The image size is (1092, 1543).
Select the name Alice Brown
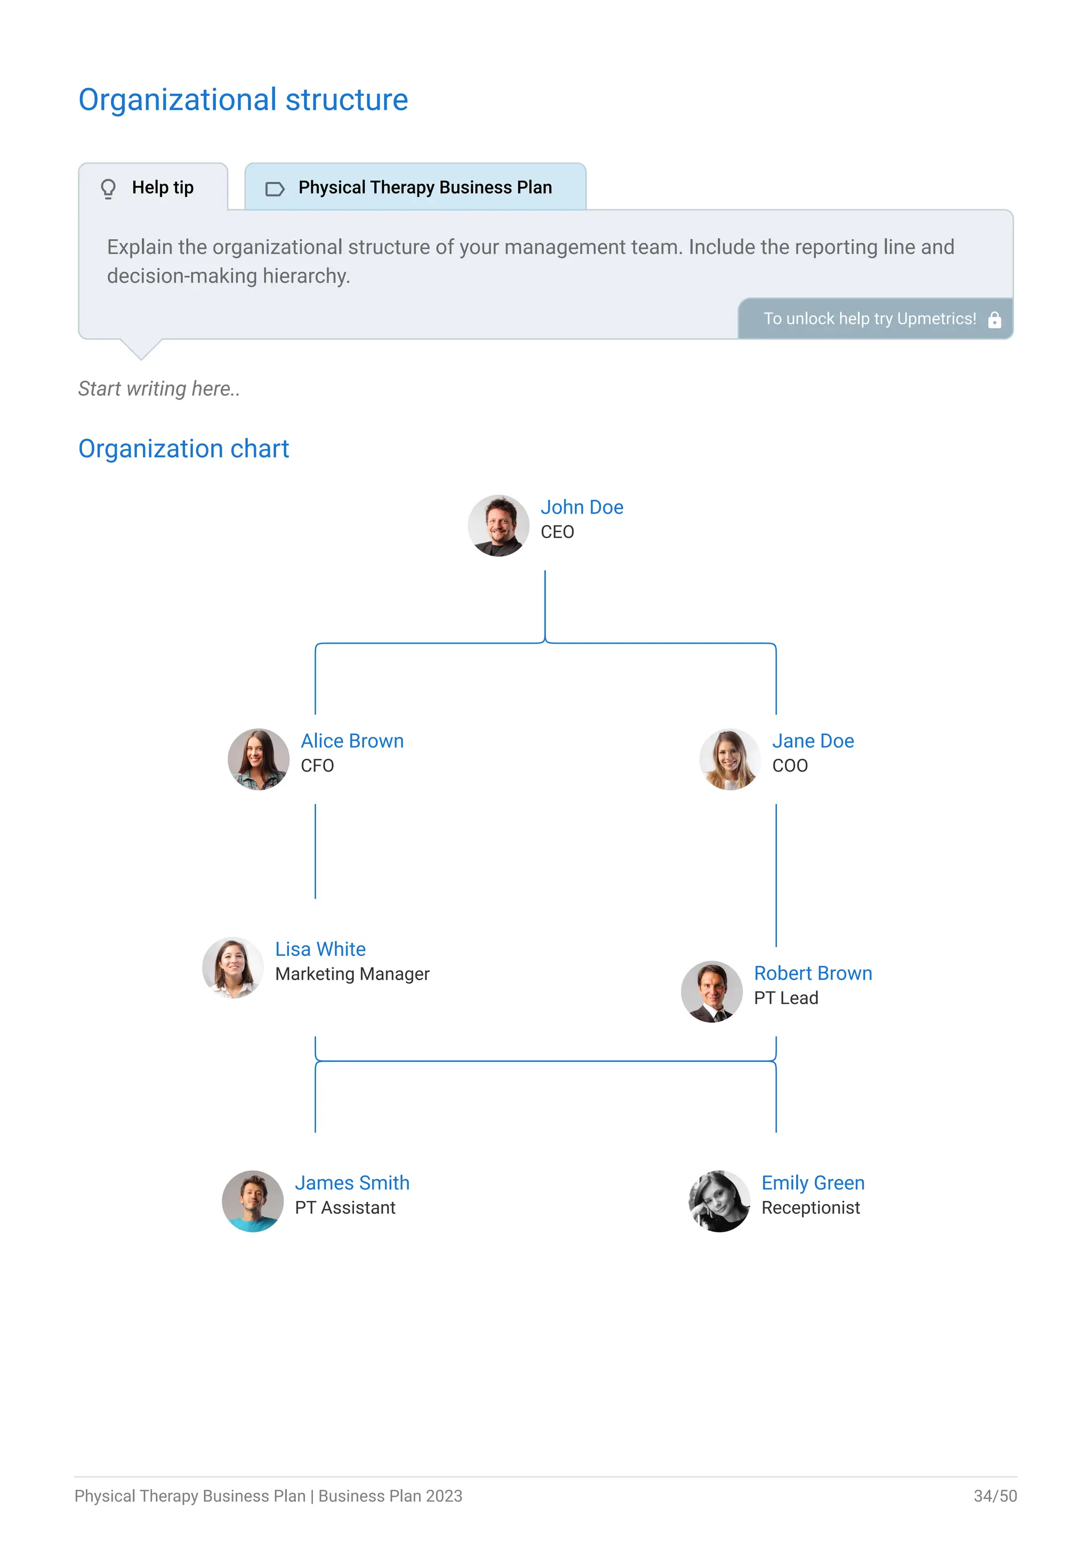pos(352,741)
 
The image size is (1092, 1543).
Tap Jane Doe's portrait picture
pos(729,759)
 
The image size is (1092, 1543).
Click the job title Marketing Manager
pos(352,974)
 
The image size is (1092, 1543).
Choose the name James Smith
pos(352,1183)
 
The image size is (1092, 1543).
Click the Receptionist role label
pos(810,1208)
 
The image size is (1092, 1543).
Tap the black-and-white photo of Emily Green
pos(719,1201)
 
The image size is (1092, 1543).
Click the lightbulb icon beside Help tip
pos(108,188)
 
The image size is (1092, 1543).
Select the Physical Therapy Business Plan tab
pos(415,188)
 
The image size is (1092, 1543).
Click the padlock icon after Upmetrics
pos(994,320)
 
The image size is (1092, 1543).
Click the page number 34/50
pos(994,1496)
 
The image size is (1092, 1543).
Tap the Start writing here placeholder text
pos(159,388)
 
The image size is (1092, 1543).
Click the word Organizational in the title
pos(178,100)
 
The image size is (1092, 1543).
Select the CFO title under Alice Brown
pos(317,766)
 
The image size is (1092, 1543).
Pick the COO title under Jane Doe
pos(790,766)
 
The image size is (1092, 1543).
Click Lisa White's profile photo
pos(232,968)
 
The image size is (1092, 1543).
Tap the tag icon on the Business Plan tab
pos(275,189)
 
